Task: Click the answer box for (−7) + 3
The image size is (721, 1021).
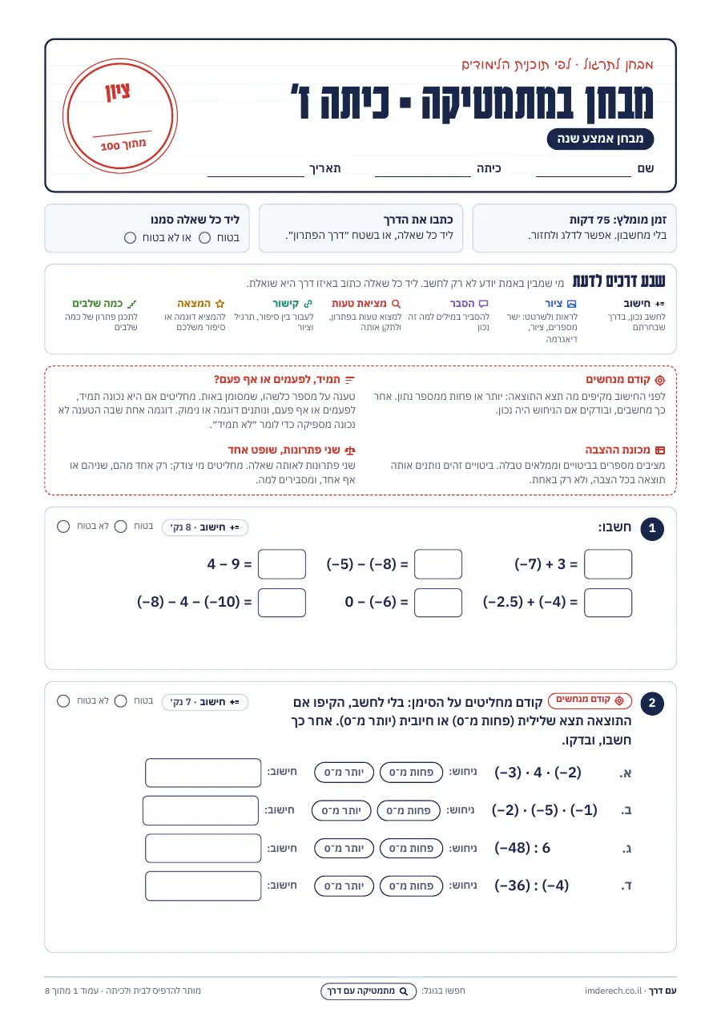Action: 607,564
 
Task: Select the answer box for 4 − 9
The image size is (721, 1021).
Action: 282,564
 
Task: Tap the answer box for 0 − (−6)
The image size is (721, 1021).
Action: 438,602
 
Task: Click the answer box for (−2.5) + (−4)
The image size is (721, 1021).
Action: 607,602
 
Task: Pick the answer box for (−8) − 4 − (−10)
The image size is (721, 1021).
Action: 282,602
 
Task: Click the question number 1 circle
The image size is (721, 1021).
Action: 652,528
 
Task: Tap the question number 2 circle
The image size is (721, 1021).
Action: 652,703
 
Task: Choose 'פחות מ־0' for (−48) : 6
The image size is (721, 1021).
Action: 411,848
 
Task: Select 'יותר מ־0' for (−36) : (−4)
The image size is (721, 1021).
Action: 344,886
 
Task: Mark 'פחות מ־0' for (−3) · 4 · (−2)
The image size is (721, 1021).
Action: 411,772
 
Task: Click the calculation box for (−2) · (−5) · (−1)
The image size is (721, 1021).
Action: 200,810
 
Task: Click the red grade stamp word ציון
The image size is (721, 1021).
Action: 118,91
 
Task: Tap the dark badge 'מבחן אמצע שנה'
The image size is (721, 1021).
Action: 600,139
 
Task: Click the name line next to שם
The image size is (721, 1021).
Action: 583,176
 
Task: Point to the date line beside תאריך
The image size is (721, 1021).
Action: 256,176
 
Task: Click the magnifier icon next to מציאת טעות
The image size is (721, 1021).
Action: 396,304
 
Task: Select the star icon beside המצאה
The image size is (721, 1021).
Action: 220,304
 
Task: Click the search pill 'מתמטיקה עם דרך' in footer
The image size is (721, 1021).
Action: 369,991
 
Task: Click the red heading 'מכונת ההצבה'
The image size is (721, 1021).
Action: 618,450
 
